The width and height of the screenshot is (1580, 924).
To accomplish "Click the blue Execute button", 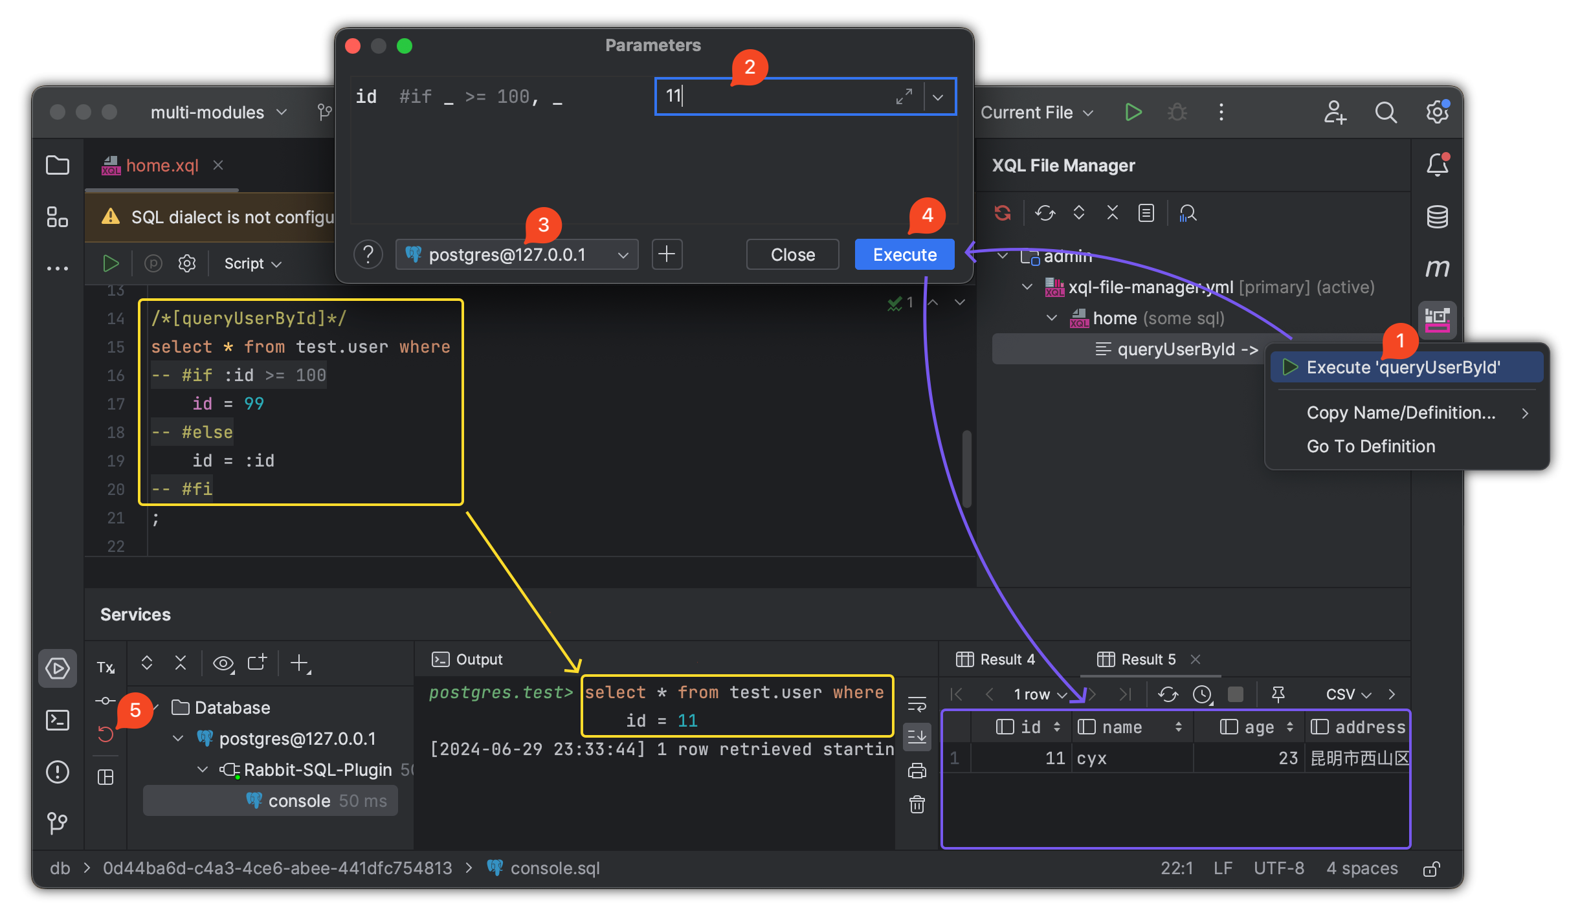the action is (904, 254).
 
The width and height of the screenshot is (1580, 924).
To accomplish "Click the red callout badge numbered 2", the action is (750, 67).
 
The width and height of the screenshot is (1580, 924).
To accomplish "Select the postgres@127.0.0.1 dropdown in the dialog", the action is (517, 254).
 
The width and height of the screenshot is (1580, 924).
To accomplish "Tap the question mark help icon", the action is (368, 254).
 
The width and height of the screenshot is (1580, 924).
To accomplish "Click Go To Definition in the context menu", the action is (1370, 446).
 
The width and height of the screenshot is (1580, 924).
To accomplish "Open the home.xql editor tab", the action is (162, 166).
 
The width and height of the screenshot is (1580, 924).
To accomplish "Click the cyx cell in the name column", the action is (1092, 758).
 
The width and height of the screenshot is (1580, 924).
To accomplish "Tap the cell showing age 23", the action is (1288, 758).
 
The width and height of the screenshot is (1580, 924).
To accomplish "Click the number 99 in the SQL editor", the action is (254, 404).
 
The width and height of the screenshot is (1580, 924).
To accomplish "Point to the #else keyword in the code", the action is (207, 432).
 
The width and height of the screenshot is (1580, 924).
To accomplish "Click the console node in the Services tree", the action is (299, 800).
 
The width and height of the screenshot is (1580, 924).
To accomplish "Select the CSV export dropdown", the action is (1348, 694).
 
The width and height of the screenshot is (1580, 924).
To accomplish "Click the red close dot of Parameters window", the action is (353, 46).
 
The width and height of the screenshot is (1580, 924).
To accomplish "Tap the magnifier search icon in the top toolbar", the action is (1385, 113).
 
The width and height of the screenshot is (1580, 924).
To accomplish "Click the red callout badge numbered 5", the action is (135, 710).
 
